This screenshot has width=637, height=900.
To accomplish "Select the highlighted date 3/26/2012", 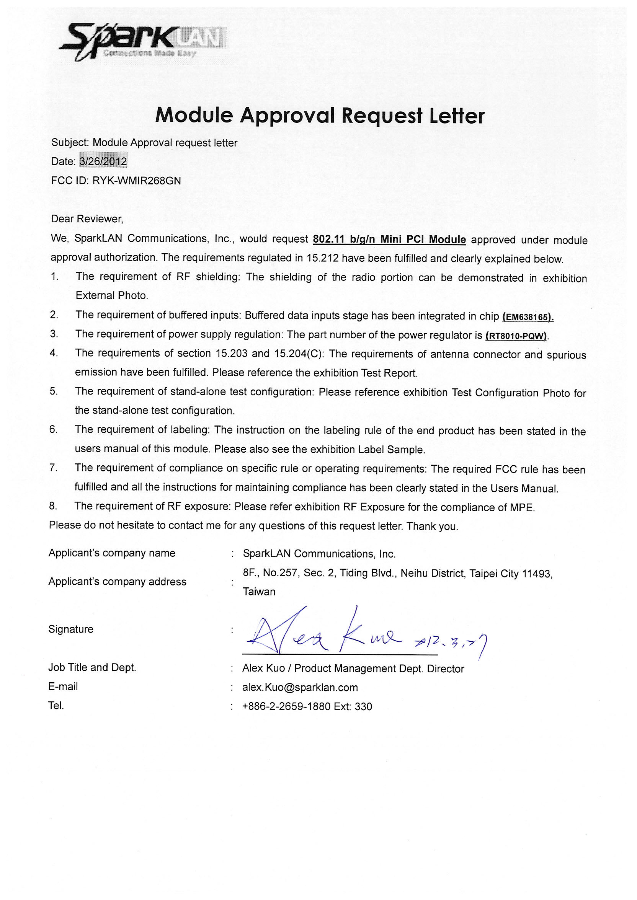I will [x=103, y=161].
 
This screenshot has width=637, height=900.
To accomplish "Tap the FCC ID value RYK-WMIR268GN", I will [x=137, y=181].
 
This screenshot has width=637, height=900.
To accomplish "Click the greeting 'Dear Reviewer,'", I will [x=87, y=219].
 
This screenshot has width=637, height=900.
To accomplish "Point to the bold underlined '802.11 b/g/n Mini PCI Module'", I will [x=389, y=239].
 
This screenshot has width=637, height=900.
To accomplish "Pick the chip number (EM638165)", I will [x=528, y=316].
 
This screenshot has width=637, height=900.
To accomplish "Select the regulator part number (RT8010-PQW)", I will [x=516, y=336].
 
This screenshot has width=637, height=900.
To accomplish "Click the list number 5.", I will [x=54, y=391].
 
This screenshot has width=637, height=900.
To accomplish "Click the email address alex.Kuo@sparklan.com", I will [x=300, y=687].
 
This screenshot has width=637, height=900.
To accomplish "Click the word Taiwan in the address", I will [x=259, y=592].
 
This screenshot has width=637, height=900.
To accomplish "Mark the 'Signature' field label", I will [x=71, y=629].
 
